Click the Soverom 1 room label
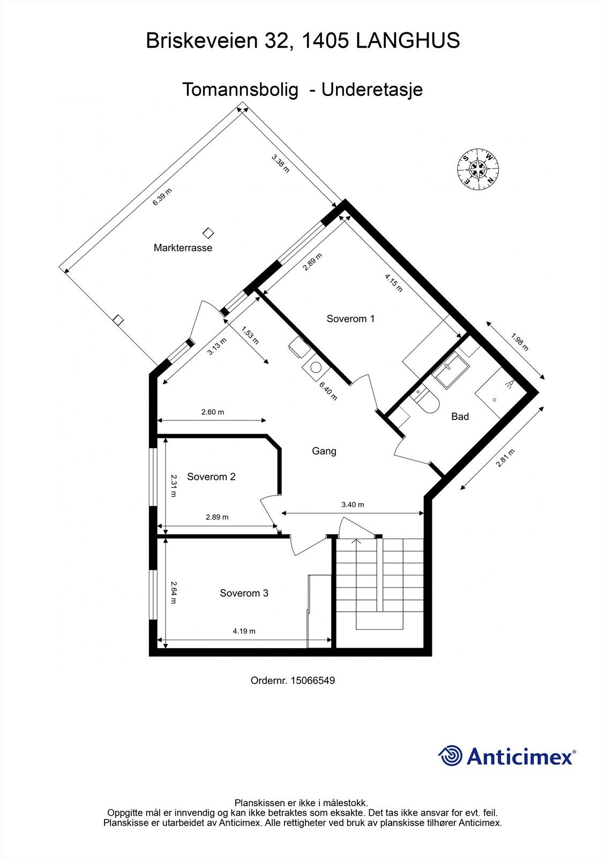coord(350,319)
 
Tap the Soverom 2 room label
coord(211,477)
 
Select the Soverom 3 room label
coord(244,593)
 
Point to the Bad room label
coord(460,416)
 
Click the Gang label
coord(324,451)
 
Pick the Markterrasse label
coord(183,248)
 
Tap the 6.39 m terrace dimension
coord(162,197)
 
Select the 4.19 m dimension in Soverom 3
coord(244,631)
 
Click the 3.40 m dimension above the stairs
coord(353,505)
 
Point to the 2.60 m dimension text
coord(212,412)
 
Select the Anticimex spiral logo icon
coord(450,756)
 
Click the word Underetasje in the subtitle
coord(372,89)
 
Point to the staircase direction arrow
coord(356,542)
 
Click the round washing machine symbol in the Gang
coord(316,368)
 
